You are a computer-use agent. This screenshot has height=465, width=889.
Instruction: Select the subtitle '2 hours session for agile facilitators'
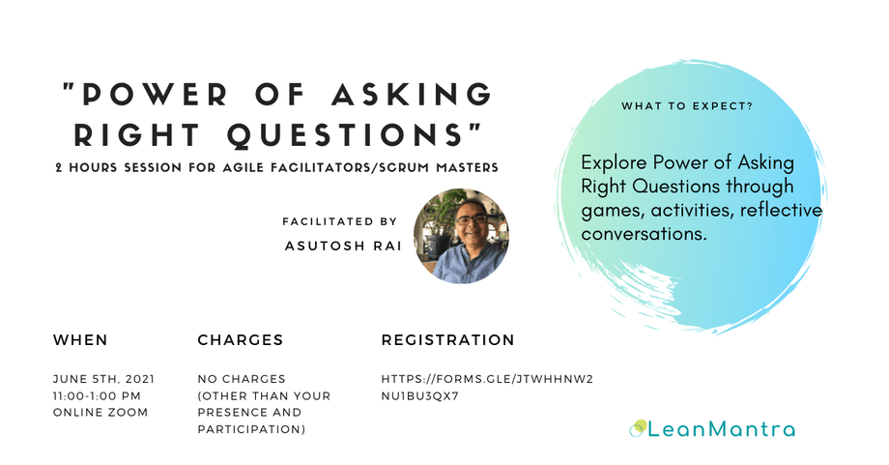[x=276, y=167]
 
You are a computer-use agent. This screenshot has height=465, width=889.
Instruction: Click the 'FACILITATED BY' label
[x=339, y=221]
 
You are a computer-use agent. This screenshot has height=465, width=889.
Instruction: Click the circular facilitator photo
[x=461, y=235]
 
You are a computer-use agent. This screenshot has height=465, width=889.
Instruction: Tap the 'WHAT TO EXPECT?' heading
[x=687, y=105]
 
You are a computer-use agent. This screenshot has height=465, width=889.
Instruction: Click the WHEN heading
[x=80, y=340]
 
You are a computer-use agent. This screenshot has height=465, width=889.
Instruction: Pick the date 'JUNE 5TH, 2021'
[x=103, y=378]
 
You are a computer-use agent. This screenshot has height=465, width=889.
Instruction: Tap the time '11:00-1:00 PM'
[x=98, y=395]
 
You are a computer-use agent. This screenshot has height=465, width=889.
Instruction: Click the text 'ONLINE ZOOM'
[x=100, y=413]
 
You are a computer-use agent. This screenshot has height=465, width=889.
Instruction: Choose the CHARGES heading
[x=240, y=340]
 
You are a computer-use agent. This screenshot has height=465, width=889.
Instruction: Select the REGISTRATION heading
[x=447, y=340]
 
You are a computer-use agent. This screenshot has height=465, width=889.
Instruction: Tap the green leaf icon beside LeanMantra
[x=638, y=426]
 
